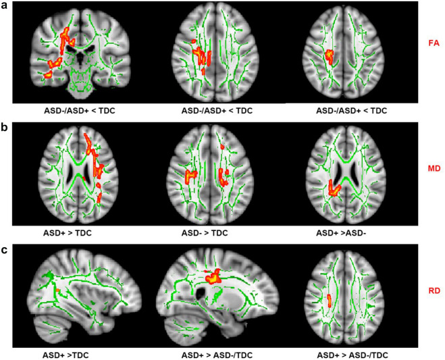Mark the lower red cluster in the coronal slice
click(x=50, y=72)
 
